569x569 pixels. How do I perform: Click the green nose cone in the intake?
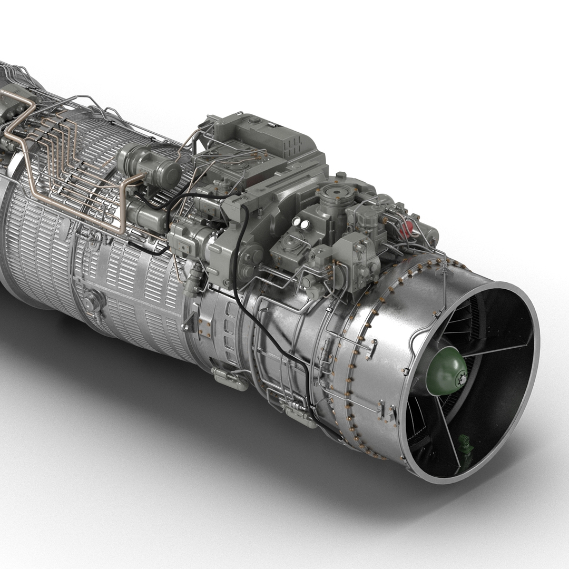pyautogui.click(x=445, y=370)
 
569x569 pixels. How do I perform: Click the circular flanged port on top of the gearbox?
pyautogui.click(x=333, y=191)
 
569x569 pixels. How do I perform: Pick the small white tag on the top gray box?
pyautogui.click(x=272, y=125)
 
